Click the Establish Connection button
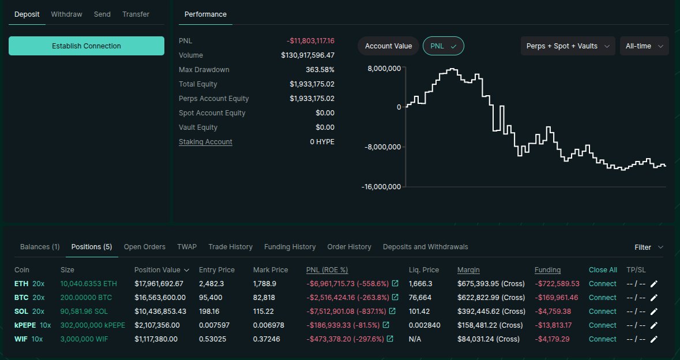[87, 46]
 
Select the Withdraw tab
[66, 14]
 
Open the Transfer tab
[136, 14]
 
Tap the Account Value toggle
[388, 46]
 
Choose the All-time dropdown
[644, 46]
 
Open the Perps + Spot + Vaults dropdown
[568, 46]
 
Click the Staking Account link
[205, 142]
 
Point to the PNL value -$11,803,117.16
[310, 41]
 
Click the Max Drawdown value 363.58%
[320, 70]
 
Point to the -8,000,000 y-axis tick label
[382, 147]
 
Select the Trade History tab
[230, 247]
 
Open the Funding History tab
[290, 247]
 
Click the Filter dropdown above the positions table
[648, 247]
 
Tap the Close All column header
[603, 270]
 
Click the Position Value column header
[161, 270]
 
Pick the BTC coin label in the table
[21, 298]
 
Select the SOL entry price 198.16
[211, 312]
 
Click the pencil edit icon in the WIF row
[653, 339]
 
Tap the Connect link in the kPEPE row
[603, 325]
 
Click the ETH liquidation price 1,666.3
[420, 284]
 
